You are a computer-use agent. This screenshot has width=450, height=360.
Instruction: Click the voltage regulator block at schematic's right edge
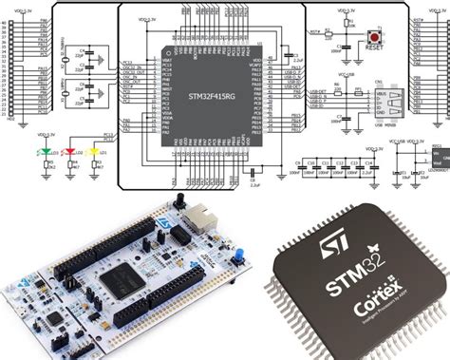click(x=438, y=156)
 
